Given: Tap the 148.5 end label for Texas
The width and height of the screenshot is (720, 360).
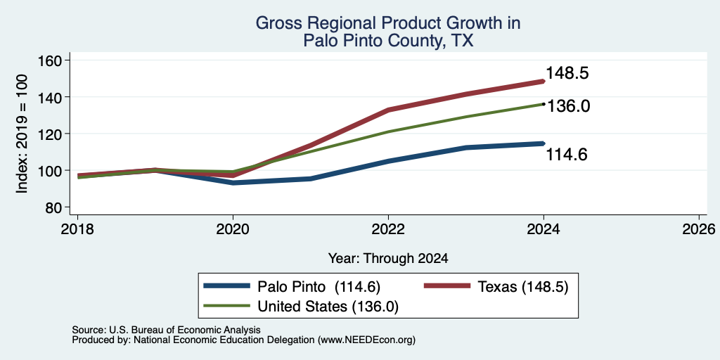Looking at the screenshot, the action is coord(567,73).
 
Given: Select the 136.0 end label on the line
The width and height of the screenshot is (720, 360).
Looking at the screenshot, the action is coord(567,106).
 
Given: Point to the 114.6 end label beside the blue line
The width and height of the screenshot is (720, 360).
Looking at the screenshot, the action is coord(567,155).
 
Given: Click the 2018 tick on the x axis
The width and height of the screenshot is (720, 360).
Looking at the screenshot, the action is coord(77,229).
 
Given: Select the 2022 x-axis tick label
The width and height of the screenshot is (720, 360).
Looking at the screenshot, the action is coord(388,229).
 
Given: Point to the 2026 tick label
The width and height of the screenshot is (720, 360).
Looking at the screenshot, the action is coord(699,229).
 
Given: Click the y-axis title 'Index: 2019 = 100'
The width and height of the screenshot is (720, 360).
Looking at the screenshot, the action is coord(22,134).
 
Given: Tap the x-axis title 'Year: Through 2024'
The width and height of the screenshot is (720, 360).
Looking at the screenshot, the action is coord(388,259).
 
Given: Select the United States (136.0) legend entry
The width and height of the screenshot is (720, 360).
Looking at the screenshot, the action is coord(301,307).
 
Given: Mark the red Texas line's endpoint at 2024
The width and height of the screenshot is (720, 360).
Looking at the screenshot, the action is coord(544,82).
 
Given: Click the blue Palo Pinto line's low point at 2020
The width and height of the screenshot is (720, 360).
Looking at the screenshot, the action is coord(233,183).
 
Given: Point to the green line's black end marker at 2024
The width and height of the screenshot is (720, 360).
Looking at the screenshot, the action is coord(544,104).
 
